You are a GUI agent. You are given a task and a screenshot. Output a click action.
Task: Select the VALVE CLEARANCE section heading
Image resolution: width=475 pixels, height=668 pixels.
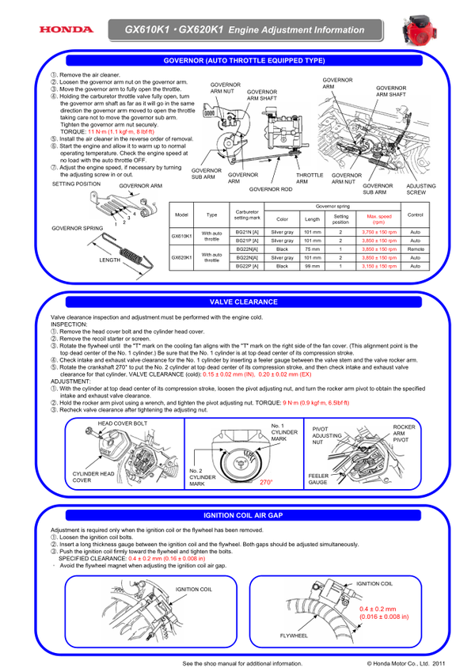point(243,302)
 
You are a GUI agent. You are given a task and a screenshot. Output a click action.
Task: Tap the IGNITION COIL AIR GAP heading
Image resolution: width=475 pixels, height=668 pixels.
point(243,515)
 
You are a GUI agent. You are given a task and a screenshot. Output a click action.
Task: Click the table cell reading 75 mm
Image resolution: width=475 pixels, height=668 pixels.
point(312,249)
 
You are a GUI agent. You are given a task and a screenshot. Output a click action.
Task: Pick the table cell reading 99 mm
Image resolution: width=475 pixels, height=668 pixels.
point(312,267)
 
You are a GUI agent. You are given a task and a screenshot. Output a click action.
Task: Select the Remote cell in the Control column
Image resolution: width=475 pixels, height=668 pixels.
point(415,249)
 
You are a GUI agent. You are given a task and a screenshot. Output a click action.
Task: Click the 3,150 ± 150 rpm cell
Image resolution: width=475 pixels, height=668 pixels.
point(379,267)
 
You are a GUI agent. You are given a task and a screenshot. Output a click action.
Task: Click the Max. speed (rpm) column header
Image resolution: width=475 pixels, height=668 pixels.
point(379,218)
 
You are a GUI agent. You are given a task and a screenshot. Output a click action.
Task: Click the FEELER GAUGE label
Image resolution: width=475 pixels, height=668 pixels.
point(318,479)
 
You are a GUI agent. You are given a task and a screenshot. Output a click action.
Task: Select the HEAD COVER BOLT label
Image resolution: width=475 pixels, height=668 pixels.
point(123,423)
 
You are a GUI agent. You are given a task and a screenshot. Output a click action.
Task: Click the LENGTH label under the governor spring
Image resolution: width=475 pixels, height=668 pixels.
point(109,260)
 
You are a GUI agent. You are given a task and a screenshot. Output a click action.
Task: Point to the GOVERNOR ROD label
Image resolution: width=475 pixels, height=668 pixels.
point(270,190)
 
